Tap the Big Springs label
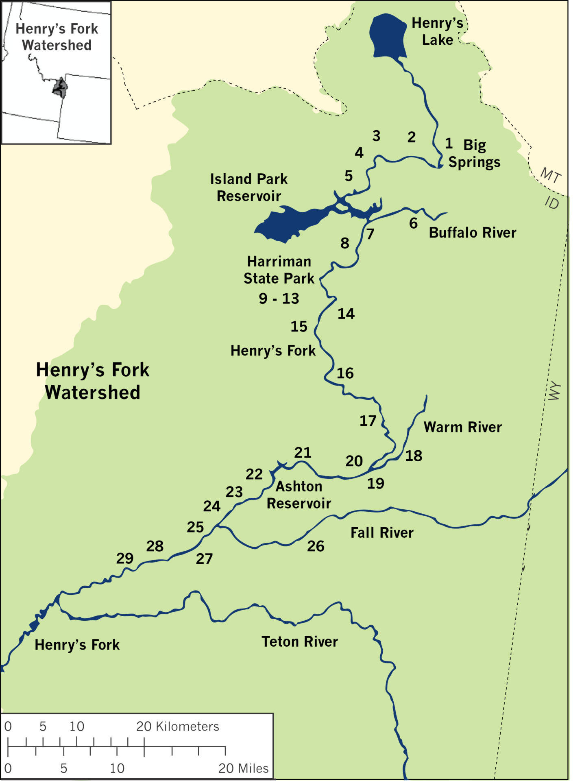pyautogui.click(x=474, y=154)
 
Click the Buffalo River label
pyautogui.click(x=472, y=233)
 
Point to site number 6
pyautogui.click(x=413, y=223)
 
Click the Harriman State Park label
pyautogui.click(x=279, y=270)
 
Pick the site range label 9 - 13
pyautogui.click(x=279, y=299)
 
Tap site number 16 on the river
pyautogui.click(x=345, y=373)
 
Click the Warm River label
pyautogui.click(x=462, y=427)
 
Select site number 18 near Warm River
pyautogui.click(x=414, y=456)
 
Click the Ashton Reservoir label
pyautogui.click(x=299, y=495)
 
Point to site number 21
pyautogui.click(x=303, y=453)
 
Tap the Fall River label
pyautogui.click(x=382, y=533)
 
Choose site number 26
pyautogui.click(x=316, y=546)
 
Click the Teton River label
pyautogui.click(x=300, y=642)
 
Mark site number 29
pyautogui.click(x=125, y=558)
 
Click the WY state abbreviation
pyautogui.click(x=554, y=391)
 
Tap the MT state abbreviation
pyautogui.click(x=551, y=175)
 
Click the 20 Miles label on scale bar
pyautogui.click(x=243, y=768)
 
